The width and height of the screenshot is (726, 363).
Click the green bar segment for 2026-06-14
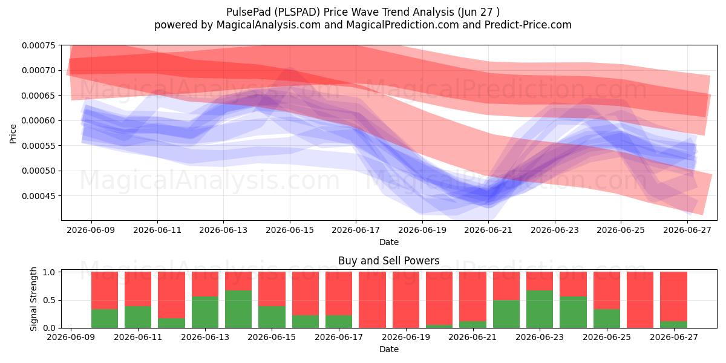[238, 309]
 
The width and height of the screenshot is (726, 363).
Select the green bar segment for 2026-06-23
[540, 309]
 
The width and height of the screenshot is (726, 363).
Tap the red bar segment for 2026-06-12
[171, 295]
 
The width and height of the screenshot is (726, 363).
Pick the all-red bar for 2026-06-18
[373, 300]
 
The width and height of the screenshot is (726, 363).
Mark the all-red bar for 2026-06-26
[640, 300]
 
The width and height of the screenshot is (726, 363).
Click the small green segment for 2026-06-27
[673, 324]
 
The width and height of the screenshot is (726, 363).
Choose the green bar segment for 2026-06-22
[506, 314]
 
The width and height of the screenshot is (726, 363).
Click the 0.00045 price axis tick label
[39, 196]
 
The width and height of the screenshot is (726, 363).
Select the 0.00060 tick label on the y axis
[39, 120]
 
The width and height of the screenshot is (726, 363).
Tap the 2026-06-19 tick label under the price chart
[422, 230]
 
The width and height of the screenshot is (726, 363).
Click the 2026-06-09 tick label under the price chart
[91, 230]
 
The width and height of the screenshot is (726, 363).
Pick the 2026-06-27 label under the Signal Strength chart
[674, 337]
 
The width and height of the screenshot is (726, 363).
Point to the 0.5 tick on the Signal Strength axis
[49, 300]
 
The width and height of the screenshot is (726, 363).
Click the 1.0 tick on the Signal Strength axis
[49, 272]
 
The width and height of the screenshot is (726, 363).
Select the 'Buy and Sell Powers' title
[389, 261]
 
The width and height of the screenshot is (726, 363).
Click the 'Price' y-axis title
[13, 134]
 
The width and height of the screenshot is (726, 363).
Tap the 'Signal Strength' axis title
[33, 299]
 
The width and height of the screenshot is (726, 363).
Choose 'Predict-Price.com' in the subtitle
[528, 25]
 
